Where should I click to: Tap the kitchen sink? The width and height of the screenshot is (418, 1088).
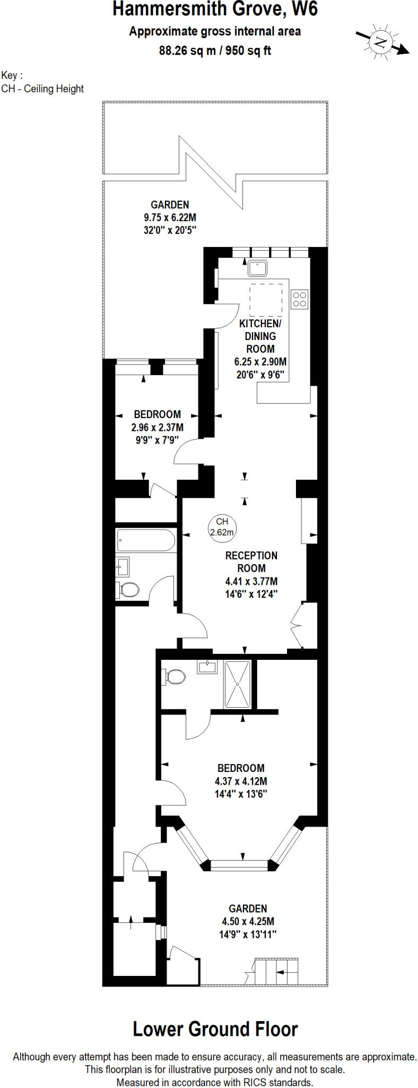[257, 268]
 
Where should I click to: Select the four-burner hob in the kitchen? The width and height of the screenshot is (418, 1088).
[299, 299]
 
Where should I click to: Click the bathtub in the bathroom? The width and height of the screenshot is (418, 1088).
[145, 540]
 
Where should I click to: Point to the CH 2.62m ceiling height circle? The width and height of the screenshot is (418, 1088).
[222, 527]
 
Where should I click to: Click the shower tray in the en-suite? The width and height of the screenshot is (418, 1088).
[237, 684]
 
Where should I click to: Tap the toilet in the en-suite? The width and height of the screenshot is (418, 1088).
[173, 676]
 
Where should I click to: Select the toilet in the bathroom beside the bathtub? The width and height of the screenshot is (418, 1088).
[127, 589]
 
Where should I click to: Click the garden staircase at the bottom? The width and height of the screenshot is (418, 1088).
[276, 971]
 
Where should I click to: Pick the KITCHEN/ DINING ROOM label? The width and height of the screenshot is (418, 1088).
[260, 336]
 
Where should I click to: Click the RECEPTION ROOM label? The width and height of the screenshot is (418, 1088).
[251, 562]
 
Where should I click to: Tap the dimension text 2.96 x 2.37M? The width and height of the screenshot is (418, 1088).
[157, 427]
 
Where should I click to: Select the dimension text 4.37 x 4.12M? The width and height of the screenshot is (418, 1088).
[241, 781]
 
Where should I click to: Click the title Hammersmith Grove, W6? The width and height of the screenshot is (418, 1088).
[215, 10]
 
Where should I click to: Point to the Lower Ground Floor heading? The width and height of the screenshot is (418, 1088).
[215, 1029]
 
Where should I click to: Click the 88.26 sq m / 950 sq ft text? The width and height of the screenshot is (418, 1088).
[215, 50]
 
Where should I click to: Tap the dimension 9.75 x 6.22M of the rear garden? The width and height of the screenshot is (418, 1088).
[170, 217]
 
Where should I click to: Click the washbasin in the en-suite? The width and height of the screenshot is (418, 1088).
[207, 666]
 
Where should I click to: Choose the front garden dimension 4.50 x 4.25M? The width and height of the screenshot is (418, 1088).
[248, 921]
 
